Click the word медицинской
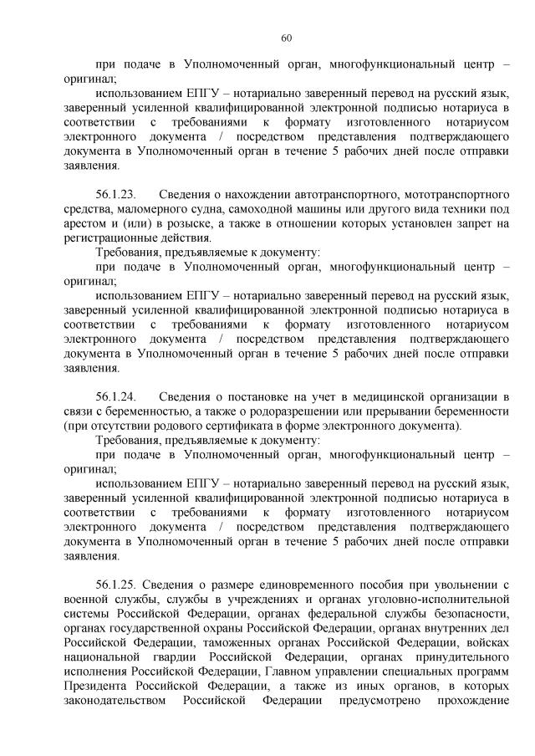coord(380,396)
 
